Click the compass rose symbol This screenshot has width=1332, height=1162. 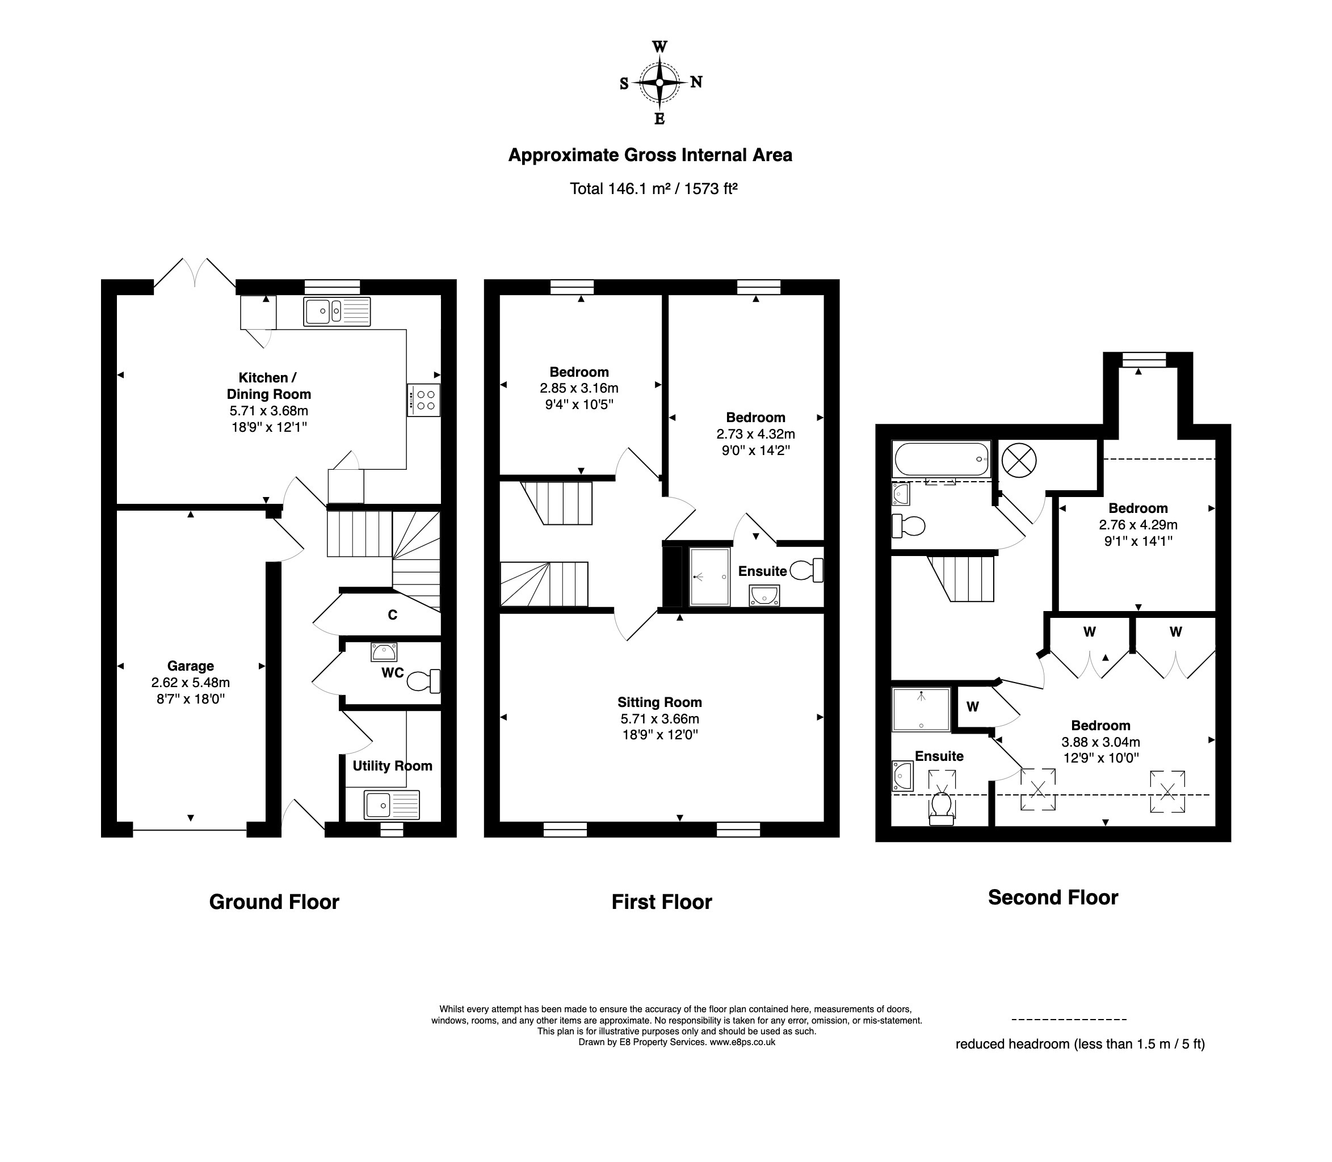tap(659, 82)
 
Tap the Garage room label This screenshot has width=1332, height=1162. tap(191, 666)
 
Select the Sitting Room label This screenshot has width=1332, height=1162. tap(659, 702)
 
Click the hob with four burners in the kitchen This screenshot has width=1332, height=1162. tap(423, 400)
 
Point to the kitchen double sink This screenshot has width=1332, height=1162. tap(337, 311)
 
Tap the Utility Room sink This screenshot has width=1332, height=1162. tap(392, 805)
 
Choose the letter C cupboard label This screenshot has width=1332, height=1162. tap(392, 614)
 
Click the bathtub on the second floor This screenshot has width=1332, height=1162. tap(942, 459)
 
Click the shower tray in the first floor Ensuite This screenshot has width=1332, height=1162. tap(709, 576)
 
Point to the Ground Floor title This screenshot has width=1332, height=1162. tap(274, 902)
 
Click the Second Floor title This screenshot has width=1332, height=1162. tap(1053, 898)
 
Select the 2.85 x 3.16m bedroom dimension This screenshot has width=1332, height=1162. tap(579, 389)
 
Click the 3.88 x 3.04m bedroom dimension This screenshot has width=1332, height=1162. tap(1100, 742)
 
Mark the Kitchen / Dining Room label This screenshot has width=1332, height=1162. tap(268, 386)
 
